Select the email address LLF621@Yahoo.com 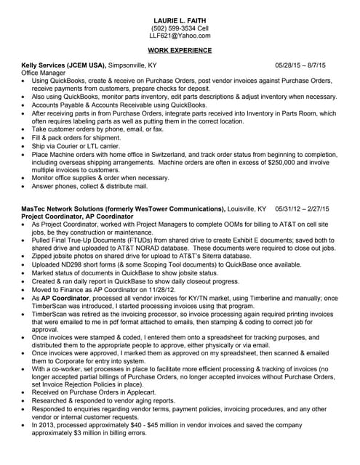click(x=180, y=35)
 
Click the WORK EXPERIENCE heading click(x=180, y=50)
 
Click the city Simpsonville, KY click(x=132, y=65)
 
